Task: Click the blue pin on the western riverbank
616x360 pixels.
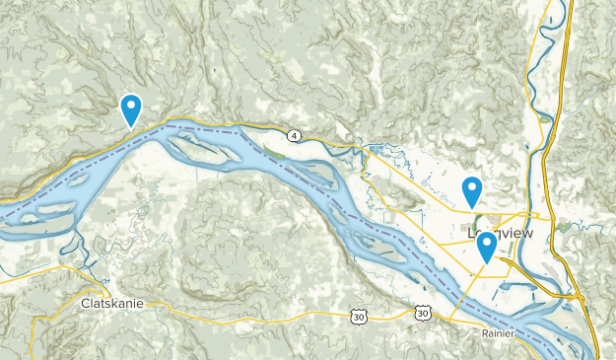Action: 130,108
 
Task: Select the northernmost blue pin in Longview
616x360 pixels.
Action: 472,189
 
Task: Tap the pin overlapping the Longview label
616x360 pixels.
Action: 485,246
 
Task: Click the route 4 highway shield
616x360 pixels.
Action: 294,134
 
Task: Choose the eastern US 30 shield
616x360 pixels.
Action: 422,313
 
